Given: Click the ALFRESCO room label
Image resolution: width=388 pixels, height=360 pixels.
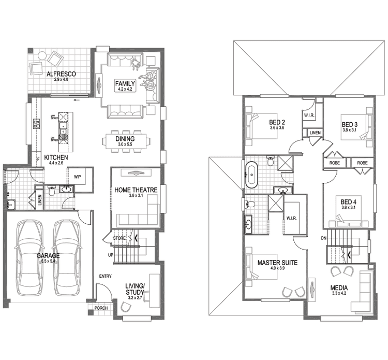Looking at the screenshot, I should (61, 75).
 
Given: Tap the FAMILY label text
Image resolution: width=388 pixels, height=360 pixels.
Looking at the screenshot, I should (125, 83).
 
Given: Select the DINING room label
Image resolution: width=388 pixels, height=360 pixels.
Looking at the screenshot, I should (125, 139).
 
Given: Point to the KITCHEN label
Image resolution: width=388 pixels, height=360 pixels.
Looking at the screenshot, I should (56, 157).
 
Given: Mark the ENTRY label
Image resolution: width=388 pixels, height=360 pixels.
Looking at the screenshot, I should (106, 276).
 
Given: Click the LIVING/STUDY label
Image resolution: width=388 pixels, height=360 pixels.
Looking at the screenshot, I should (135, 289).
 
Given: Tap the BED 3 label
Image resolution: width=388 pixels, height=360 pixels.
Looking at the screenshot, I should (349, 124).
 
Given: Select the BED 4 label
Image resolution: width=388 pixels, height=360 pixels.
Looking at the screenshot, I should (348, 201).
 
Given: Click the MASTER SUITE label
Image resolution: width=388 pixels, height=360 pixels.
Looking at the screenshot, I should (277, 263).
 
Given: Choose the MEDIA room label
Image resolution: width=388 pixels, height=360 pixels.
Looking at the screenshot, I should (339, 288).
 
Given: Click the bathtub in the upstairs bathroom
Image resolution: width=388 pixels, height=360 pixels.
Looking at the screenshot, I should (252, 175).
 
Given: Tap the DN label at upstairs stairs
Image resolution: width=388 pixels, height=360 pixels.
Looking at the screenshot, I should (323, 238).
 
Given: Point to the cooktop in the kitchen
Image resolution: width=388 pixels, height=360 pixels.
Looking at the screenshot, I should (37, 124).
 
